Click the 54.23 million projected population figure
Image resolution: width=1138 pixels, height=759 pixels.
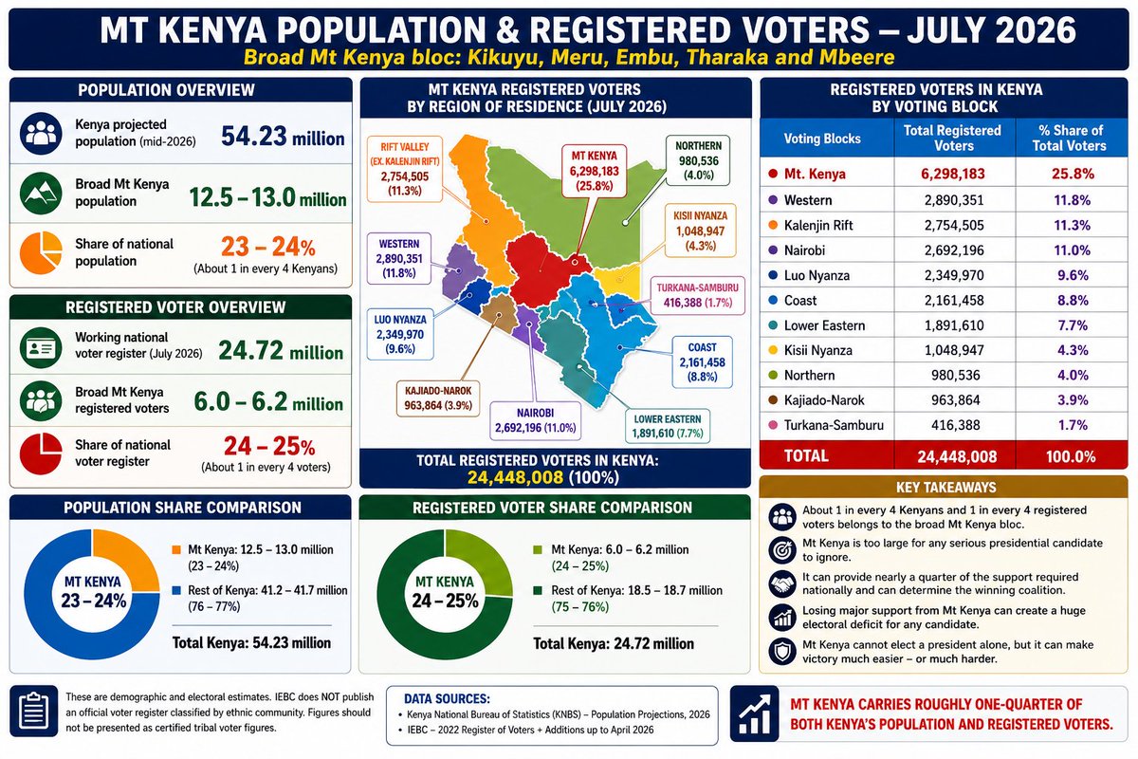[283, 137]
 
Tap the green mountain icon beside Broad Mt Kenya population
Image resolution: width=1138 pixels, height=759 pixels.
[41, 194]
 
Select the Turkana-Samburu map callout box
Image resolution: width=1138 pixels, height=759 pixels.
[697, 295]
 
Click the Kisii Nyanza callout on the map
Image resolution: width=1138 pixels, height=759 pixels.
[700, 231]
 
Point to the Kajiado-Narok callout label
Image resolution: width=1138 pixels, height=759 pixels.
[438, 398]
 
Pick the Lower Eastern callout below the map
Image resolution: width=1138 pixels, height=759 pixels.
[667, 426]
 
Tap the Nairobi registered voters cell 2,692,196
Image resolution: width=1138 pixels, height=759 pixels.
[954, 250]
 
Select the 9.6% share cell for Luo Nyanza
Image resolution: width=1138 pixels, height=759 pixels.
[1073, 275]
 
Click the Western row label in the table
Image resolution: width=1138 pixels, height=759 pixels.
[807, 200]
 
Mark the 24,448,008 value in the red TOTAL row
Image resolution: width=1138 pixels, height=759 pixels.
[957, 456]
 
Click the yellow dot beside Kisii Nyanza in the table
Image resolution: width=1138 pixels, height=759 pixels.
[773, 350]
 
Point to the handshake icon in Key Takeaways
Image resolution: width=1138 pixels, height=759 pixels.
[782, 583]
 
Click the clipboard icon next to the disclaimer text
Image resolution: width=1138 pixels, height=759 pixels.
[33, 712]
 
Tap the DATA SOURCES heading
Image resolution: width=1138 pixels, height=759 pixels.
[447, 698]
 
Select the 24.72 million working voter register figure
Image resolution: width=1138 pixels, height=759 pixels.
[281, 351]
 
